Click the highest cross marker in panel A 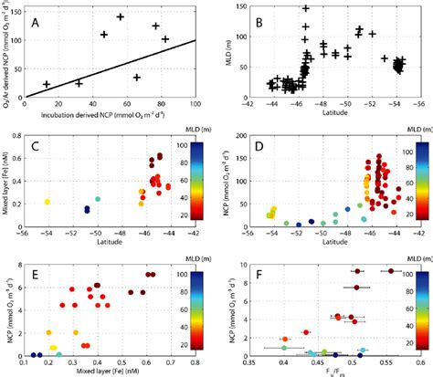(x=120, y=17)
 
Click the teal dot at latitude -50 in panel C (x=97, y=199)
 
